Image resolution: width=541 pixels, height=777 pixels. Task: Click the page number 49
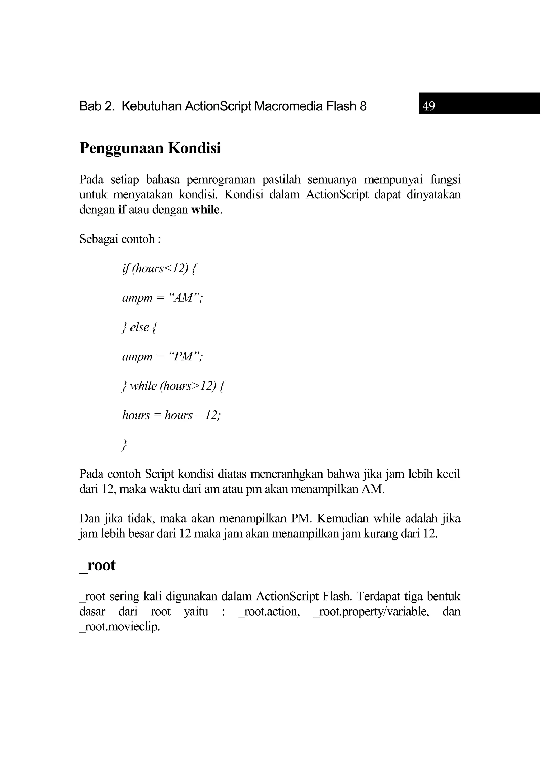[x=429, y=106]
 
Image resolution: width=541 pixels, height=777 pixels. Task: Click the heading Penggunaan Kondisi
[x=150, y=148]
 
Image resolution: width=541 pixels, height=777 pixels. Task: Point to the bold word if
[x=122, y=210]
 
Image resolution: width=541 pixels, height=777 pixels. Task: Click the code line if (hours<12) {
[x=159, y=269]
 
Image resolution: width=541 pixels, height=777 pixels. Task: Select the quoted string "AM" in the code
[x=183, y=298]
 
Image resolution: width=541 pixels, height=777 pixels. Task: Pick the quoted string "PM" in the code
[x=184, y=356]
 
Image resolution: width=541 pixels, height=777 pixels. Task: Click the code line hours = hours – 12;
[x=171, y=415]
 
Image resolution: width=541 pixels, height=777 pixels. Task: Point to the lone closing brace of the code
[x=124, y=445]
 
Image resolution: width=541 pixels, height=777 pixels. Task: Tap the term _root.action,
[x=269, y=612]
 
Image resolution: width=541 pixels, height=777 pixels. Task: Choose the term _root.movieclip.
[x=119, y=627]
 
